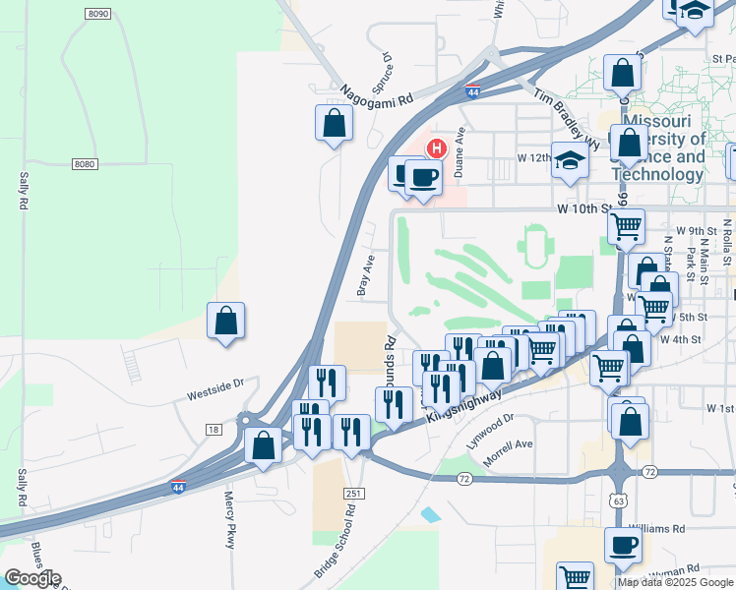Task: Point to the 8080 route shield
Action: (85, 164)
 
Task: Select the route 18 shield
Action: (214, 429)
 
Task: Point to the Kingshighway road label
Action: (466, 403)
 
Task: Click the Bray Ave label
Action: (366, 275)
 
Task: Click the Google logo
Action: (32, 578)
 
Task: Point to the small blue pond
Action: (430, 514)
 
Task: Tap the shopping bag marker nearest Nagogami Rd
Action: (334, 124)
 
